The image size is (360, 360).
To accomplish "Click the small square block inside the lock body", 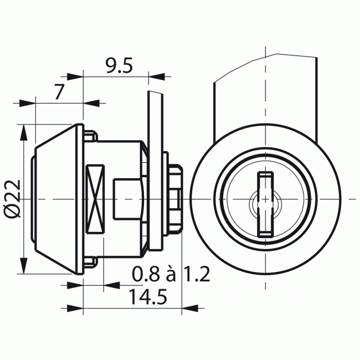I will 125,198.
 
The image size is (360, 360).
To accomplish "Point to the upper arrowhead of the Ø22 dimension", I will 23,130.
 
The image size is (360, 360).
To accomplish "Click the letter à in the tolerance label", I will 171,274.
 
